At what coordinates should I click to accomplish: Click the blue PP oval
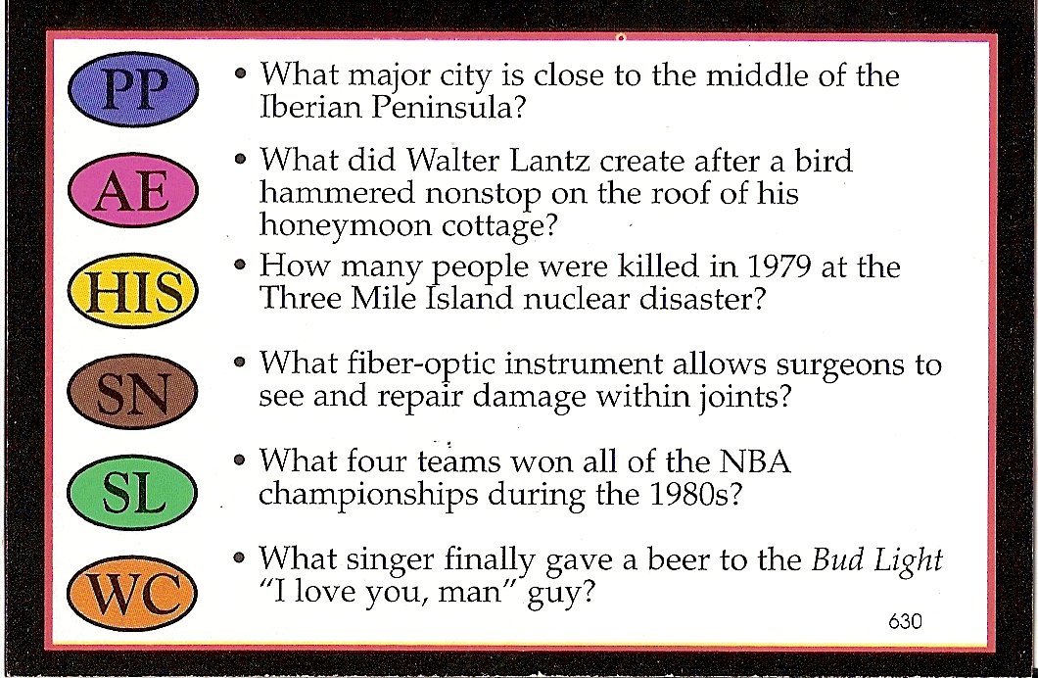133,89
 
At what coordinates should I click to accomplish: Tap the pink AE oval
133,190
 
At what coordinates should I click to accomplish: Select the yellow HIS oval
133,291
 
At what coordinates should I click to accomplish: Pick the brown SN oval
133,391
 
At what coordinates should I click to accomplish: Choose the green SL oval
133,492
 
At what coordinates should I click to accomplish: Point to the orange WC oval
133,593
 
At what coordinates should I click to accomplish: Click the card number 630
905,621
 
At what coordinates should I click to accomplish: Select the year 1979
779,266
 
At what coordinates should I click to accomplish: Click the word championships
368,496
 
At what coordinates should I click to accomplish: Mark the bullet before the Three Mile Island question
240,265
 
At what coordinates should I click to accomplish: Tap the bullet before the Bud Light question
239,557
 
